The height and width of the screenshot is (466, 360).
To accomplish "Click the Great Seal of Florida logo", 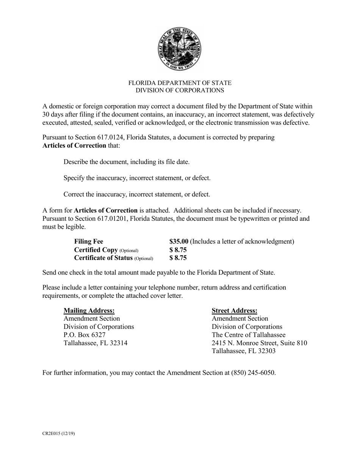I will point(180,49).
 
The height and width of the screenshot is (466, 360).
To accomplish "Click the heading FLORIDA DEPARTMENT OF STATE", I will point(180,83).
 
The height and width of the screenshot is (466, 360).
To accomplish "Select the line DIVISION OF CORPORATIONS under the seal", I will point(180,90).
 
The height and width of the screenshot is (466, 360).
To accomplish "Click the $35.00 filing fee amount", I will point(179,241).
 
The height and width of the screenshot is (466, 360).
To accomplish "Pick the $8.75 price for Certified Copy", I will point(178,250).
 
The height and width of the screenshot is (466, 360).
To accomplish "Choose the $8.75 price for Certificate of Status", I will point(178,258).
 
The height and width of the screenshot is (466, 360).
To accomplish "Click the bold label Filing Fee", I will point(89,241).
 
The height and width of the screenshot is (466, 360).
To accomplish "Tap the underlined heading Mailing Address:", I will point(89,310).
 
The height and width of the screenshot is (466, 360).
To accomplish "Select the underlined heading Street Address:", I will point(235,310).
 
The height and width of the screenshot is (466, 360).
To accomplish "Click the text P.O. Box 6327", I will point(85,335).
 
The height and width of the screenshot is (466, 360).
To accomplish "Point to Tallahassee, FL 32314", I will point(95,343).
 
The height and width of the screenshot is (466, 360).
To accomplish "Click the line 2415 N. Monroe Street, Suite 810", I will point(259,343).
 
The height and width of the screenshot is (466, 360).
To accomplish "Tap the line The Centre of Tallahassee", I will point(249,335).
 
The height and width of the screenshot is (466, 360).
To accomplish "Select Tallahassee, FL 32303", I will point(244,351).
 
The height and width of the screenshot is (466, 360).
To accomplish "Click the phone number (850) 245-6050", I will point(253,372).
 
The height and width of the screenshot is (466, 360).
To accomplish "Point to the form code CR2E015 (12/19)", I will point(58,433).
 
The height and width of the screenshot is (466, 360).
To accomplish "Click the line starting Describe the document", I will point(127,162).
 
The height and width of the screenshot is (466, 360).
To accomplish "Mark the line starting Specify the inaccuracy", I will point(137,178).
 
